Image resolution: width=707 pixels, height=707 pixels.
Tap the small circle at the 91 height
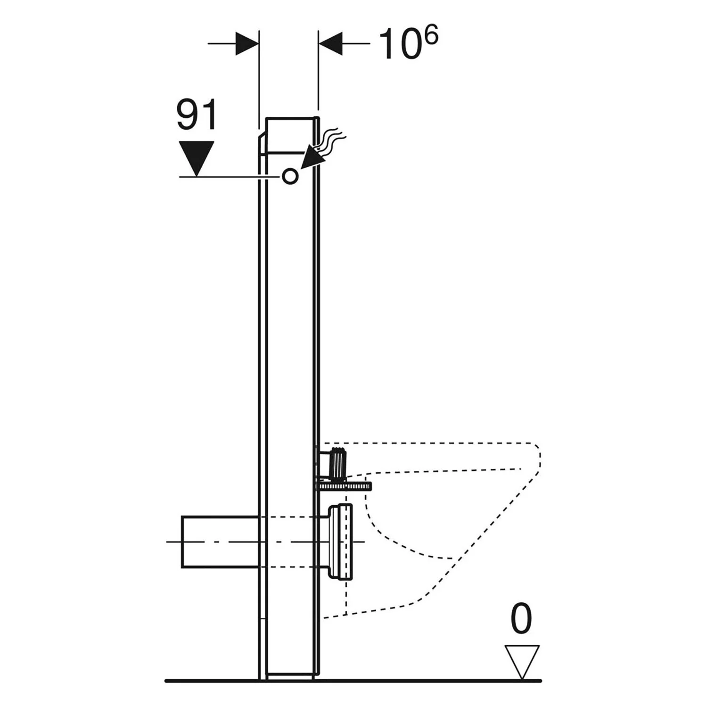click(290, 176)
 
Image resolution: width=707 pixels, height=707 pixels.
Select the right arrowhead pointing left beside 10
click(330, 43)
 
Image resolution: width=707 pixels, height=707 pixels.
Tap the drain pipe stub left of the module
click(220, 542)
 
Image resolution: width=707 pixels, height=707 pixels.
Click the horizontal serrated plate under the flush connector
click(343, 485)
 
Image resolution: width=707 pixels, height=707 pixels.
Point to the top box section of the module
click(290, 135)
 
